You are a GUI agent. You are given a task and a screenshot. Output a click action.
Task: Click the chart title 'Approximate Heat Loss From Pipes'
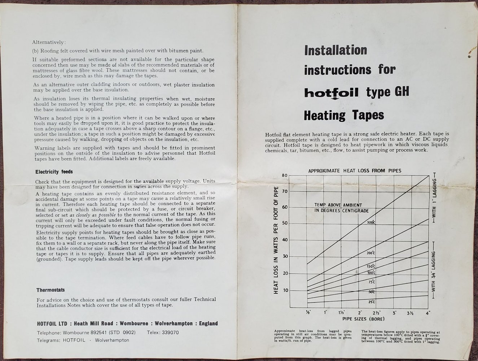click(x=354, y=170)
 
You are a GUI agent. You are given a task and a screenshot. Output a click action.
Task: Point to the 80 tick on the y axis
click(x=285, y=175)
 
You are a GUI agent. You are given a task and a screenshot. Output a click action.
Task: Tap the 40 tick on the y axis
click(x=285, y=240)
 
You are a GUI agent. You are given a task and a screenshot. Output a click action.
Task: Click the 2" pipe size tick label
click(x=360, y=313)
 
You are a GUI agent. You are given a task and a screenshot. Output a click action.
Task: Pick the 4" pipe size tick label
click(x=428, y=313)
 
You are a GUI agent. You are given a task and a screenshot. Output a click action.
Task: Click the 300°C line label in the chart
click(x=371, y=222)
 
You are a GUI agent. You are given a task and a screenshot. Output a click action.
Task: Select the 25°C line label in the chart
click(x=372, y=302)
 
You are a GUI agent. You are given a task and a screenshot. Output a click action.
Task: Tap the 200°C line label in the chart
click(x=371, y=253)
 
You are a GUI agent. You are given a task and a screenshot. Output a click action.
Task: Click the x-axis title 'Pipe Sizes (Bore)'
click(x=363, y=319)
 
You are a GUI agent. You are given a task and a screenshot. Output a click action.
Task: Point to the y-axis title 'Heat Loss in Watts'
click(x=276, y=240)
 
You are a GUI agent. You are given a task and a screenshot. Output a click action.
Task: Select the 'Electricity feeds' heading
click(x=54, y=172)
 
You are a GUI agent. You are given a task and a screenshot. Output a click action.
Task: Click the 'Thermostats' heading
click(x=51, y=290)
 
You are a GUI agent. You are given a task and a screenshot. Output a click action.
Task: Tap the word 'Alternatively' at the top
click(x=49, y=42)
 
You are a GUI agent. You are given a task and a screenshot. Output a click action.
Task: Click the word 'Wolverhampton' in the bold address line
click(x=163, y=323)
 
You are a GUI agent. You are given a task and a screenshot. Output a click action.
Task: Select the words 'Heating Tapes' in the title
click(x=344, y=116)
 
